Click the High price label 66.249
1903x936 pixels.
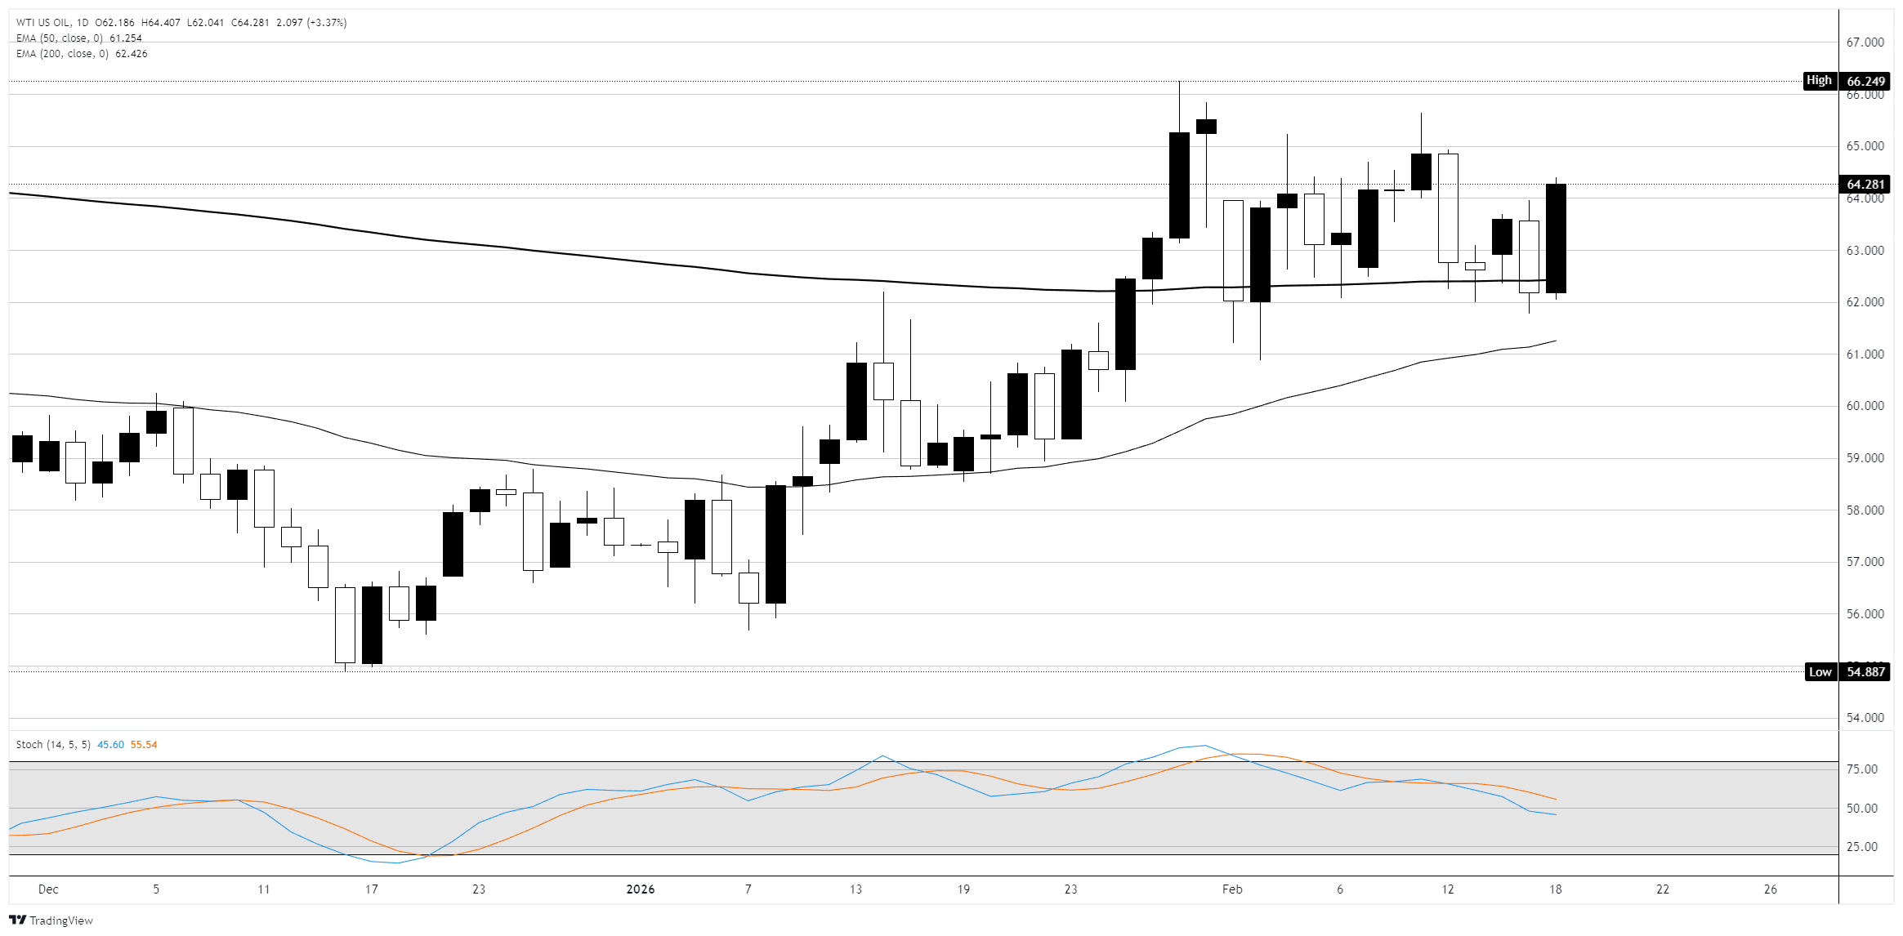coord(1865,81)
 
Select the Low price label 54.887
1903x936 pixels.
coord(1865,672)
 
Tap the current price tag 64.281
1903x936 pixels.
coord(1865,185)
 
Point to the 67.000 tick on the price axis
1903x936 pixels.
coord(1865,42)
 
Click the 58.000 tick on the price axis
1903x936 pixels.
coord(1865,510)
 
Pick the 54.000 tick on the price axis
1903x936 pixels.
coord(1865,718)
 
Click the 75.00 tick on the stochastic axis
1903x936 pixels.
coord(1862,769)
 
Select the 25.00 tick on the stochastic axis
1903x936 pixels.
coord(1862,847)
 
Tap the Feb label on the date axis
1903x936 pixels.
coord(1231,889)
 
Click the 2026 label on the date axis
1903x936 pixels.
coord(640,889)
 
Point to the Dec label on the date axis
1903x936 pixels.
coord(48,889)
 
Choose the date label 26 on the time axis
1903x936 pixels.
coord(1770,889)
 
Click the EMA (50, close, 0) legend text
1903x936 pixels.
coord(60,38)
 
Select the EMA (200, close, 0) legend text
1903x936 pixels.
coord(62,54)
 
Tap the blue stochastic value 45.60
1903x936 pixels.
coord(110,745)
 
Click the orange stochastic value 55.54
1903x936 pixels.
coord(144,745)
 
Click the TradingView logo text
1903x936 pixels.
coord(60,920)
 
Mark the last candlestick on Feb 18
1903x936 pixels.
coord(1556,238)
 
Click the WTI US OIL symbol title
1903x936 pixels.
coord(42,23)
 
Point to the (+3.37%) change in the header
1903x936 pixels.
coord(327,23)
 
